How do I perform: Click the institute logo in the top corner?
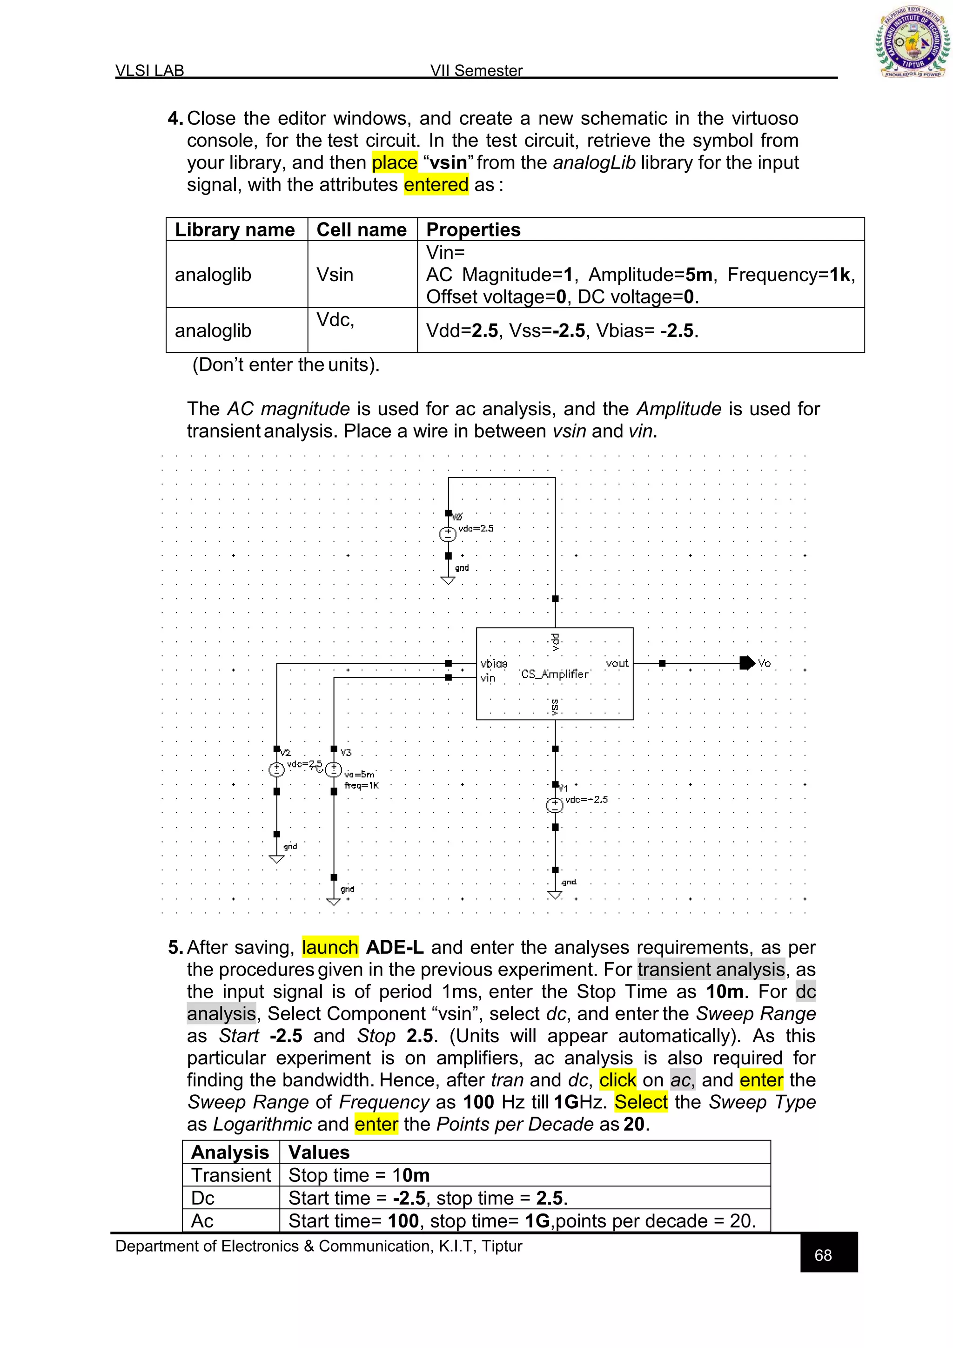pos(913,42)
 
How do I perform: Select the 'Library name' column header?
pos(235,229)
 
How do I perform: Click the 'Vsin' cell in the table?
pos(335,274)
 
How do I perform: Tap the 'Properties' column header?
pos(473,229)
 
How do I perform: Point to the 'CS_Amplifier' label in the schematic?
pos(555,674)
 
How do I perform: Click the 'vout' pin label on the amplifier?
pos(617,663)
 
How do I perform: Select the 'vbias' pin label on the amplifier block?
pos(494,663)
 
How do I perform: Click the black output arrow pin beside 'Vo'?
pos(747,663)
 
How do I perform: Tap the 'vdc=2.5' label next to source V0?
pos(476,528)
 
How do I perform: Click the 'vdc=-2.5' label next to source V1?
pos(586,800)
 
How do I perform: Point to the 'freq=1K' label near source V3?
pos(362,786)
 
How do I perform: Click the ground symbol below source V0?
pos(448,580)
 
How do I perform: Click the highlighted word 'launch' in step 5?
pos(330,947)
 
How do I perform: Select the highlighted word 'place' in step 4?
pos(394,162)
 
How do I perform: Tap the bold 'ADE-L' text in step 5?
pos(394,947)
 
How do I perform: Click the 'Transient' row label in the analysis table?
pos(231,1175)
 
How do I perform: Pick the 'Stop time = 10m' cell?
pos(359,1175)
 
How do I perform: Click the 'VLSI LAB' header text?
pos(150,70)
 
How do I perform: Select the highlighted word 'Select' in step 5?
pos(641,1102)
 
